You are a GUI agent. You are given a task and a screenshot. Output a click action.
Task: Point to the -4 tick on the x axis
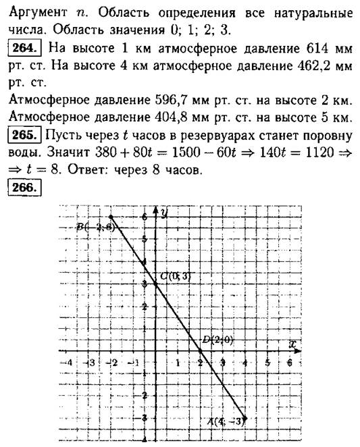[65, 363]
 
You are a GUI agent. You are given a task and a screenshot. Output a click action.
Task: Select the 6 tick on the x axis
[289, 363]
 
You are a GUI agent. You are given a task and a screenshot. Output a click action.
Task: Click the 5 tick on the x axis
[267, 363]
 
